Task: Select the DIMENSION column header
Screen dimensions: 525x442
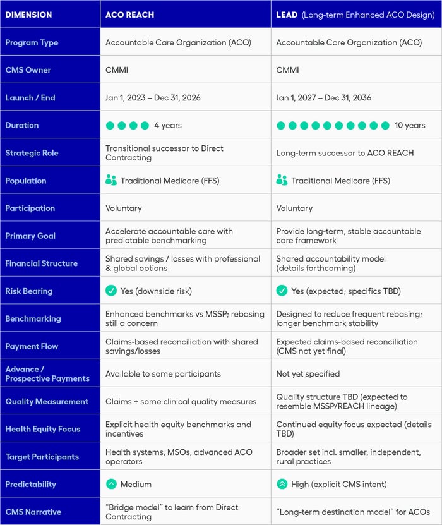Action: [28, 14]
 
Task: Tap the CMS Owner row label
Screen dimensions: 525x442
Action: [28, 70]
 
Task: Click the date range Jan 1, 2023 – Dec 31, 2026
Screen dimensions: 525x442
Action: [153, 98]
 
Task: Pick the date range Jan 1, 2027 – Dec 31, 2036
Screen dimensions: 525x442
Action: [324, 98]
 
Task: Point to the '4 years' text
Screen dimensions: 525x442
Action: [168, 125]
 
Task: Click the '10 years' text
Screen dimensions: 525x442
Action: [410, 125]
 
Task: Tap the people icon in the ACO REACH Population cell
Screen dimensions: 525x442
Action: [111, 181]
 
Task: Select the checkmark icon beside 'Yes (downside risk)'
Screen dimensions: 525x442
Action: [111, 291]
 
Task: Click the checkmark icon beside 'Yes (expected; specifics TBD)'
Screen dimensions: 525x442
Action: [282, 291]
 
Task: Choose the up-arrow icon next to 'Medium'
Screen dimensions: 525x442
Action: [111, 484]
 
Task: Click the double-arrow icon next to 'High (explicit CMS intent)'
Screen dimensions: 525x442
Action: [282, 484]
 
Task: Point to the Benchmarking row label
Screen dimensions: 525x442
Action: [33, 318]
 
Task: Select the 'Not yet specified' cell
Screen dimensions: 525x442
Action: [308, 373]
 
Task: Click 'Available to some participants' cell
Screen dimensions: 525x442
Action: [163, 373]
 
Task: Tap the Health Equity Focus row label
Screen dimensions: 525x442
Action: [43, 429]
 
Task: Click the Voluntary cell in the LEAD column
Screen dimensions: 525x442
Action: [294, 208]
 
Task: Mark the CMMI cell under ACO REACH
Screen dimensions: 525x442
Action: [116, 70]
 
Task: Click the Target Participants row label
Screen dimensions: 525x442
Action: [42, 457]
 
